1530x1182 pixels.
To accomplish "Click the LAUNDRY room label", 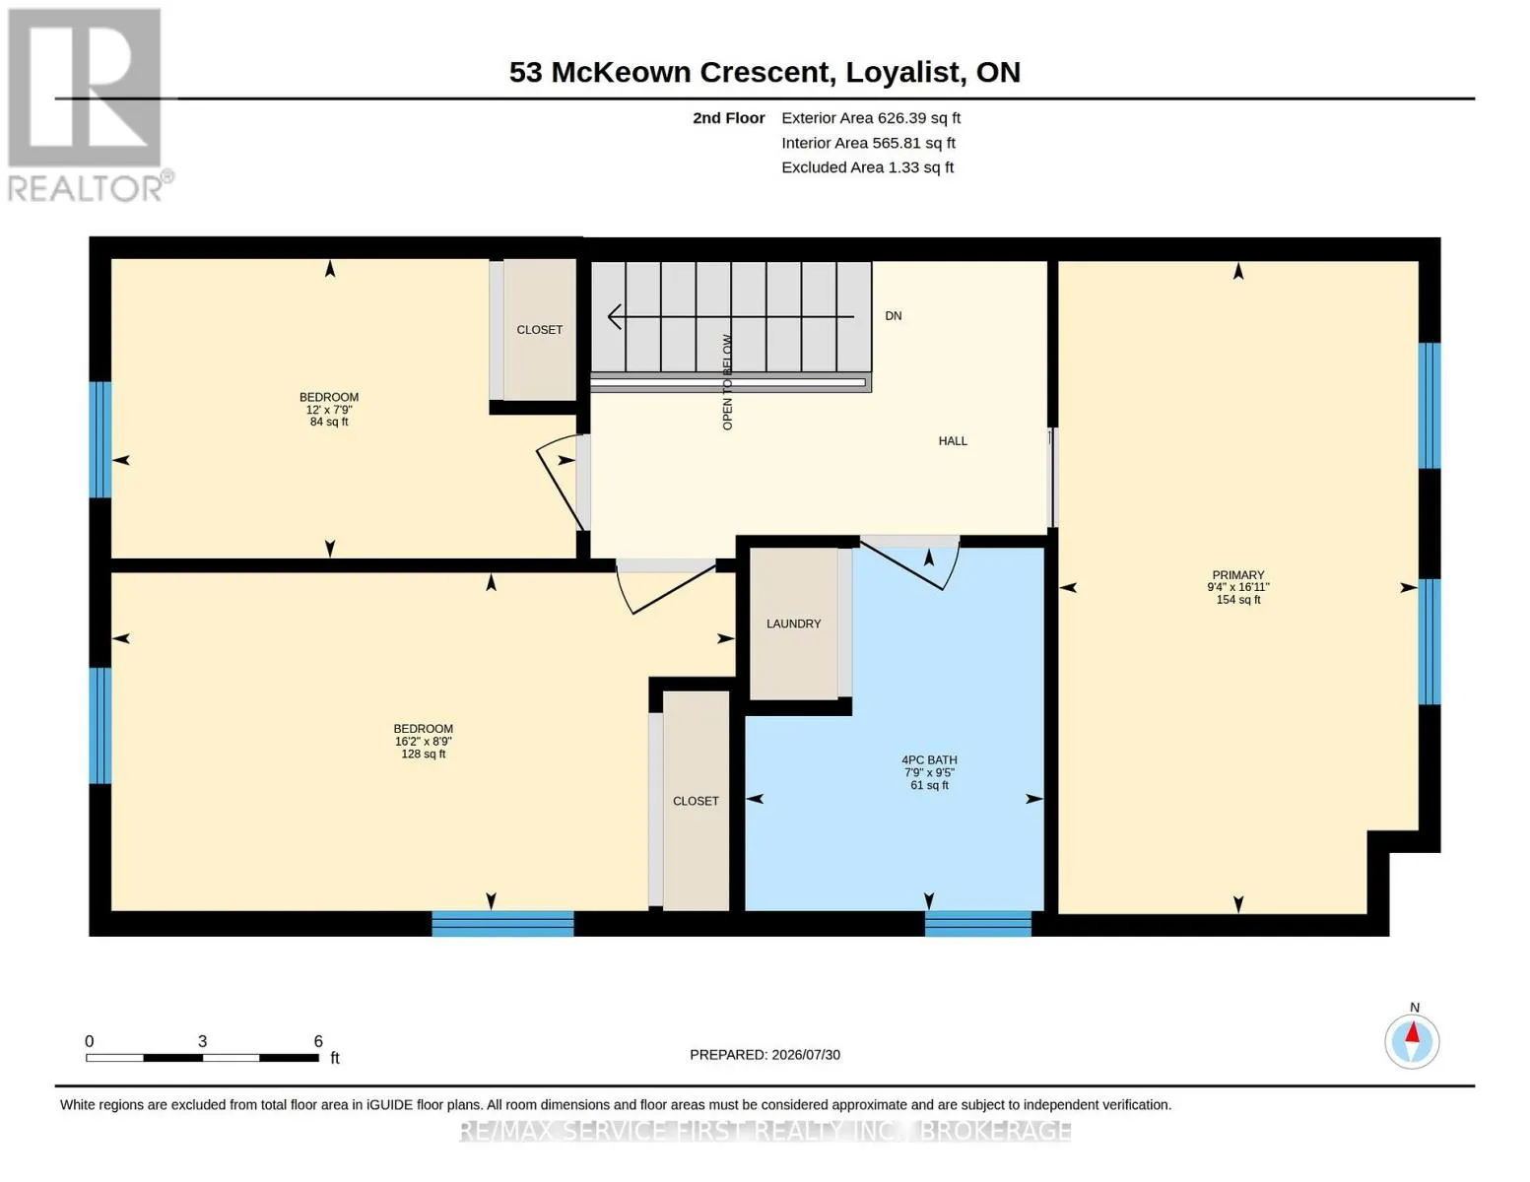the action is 793,624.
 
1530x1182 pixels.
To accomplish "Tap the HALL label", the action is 953,440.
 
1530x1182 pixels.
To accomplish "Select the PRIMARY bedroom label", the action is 1237,575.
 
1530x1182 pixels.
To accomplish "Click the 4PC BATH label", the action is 929,759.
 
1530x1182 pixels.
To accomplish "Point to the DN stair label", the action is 894,316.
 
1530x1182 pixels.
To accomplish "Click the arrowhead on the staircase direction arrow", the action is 614,317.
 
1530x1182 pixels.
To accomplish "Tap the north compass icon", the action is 1412,1042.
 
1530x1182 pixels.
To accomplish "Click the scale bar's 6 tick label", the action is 318,1041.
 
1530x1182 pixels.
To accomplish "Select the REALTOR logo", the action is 88,105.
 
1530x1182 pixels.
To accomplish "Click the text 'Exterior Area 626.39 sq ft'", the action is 871,118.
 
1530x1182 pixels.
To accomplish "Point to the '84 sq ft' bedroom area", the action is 329,422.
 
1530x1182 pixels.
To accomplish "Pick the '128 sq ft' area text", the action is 424,754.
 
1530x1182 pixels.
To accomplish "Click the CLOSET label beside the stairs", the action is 539,329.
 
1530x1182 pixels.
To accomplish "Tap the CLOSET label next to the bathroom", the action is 696,801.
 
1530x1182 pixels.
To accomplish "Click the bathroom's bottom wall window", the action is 978,923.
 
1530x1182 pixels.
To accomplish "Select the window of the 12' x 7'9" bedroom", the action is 100,439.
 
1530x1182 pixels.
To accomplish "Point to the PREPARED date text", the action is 765,1055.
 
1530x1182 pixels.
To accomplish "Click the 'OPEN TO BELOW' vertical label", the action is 727,381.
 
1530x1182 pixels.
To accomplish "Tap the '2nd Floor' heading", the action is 729,118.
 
